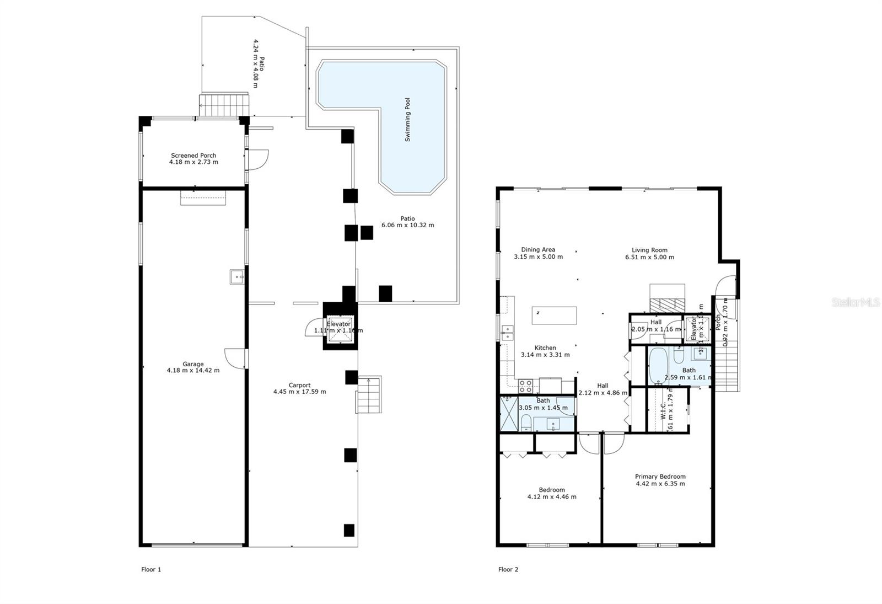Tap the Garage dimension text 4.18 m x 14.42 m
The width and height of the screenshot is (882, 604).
(193, 371)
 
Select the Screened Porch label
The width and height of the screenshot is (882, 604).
(193, 156)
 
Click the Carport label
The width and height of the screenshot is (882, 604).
(299, 385)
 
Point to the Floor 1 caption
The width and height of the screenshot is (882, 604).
(151, 570)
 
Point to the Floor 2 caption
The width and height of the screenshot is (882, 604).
(508, 570)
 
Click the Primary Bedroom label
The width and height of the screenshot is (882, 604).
(660, 477)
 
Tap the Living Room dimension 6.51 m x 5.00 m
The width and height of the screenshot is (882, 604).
(649, 257)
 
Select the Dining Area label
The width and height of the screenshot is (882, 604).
(538, 249)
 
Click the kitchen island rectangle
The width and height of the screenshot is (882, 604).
(555, 316)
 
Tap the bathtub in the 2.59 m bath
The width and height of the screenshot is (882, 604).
(658, 365)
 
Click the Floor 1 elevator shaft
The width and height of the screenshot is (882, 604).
(339, 330)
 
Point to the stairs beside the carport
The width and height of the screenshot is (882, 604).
(369, 395)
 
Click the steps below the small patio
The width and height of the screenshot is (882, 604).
(224, 104)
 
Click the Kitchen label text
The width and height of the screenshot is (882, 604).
(545, 348)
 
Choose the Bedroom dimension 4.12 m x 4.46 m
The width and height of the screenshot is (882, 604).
(552, 496)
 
